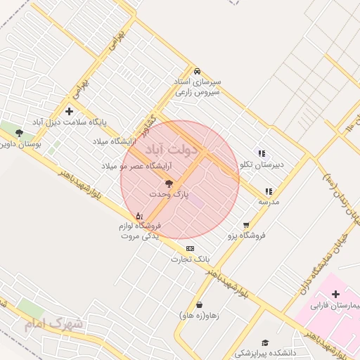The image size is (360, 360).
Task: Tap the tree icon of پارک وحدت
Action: click(168, 183)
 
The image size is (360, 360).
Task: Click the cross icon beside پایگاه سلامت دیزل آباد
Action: click(69, 111)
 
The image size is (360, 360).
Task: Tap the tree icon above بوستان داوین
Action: click(19, 132)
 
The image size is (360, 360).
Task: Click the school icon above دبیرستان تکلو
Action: click(262, 153)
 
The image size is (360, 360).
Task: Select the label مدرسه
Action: click(269, 202)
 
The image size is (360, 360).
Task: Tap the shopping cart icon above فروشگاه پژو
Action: click(246, 225)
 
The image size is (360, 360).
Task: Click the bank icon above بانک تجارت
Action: click(190, 248)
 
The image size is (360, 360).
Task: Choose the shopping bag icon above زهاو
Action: click(200, 304)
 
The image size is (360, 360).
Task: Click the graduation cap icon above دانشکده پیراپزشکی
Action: click(265, 342)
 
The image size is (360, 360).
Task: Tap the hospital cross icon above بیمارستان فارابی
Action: click(335, 294)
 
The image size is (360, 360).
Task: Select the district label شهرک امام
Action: click(53, 324)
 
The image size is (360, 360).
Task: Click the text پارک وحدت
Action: click(168, 193)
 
